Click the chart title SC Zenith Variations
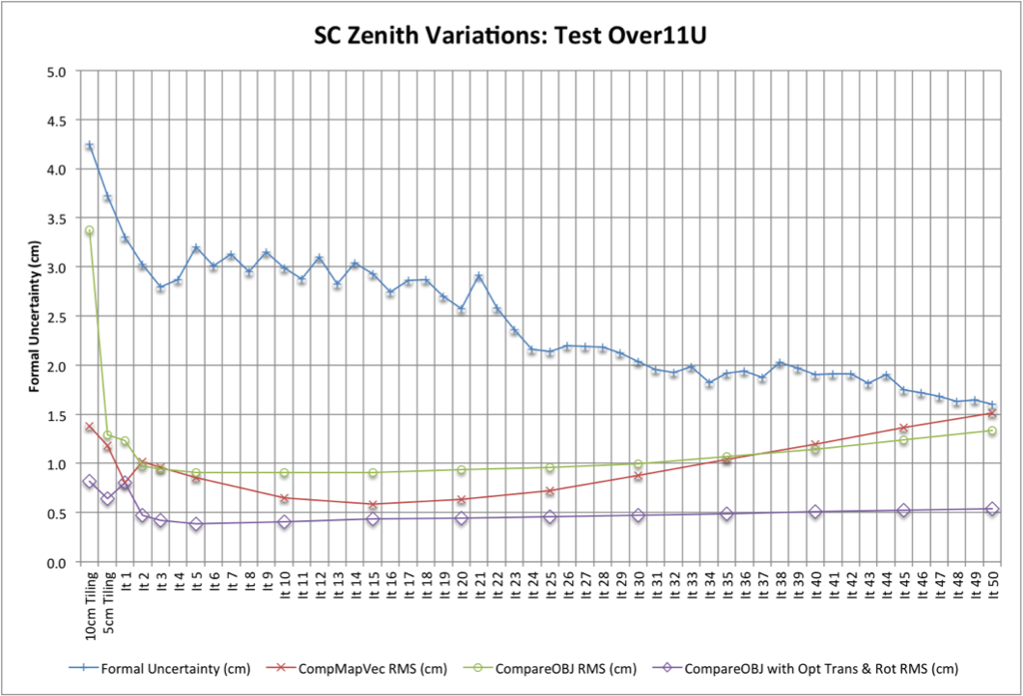pos(512,36)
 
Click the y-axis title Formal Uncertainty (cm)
pos(34,317)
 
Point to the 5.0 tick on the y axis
pos(57,71)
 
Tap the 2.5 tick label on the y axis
pos(57,317)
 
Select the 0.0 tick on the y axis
pos(57,563)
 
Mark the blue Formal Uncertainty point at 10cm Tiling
pos(90,146)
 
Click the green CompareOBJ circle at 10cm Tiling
pos(90,231)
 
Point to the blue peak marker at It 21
pos(479,277)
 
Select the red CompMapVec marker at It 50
pos(992,413)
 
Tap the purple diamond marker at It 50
pos(992,509)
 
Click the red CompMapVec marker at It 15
pos(373,504)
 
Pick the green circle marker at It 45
pos(904,440)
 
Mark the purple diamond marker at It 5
pos(196,524)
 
